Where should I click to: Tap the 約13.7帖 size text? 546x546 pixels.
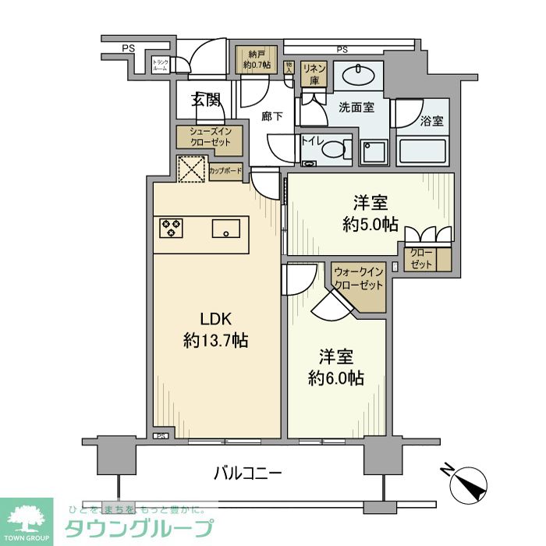click(x=217, y=340)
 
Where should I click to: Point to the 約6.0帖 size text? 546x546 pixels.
click(x=337, y=378)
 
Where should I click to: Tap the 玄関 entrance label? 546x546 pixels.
click(x=207, y=100)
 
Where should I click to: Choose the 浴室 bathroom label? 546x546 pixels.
click(x=431, y=122)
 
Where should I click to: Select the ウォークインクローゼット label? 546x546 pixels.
click(x=358, y=278)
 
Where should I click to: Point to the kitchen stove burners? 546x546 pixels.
click(x=172, y=228)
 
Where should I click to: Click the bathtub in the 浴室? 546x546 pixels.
click(x=423, y=150)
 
